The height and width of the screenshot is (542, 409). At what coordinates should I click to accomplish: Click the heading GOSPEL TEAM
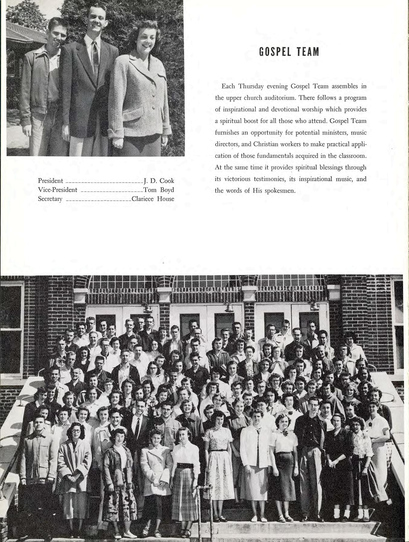(285, 52)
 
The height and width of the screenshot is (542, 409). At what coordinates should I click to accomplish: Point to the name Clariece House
(153, 199)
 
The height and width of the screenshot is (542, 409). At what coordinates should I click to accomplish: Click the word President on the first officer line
(50, 181)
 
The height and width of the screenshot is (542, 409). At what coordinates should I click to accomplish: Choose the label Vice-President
(58, 190)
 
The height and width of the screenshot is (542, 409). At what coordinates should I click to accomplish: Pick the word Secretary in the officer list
(50, 199)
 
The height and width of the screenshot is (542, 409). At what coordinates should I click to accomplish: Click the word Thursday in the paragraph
(251, 86)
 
